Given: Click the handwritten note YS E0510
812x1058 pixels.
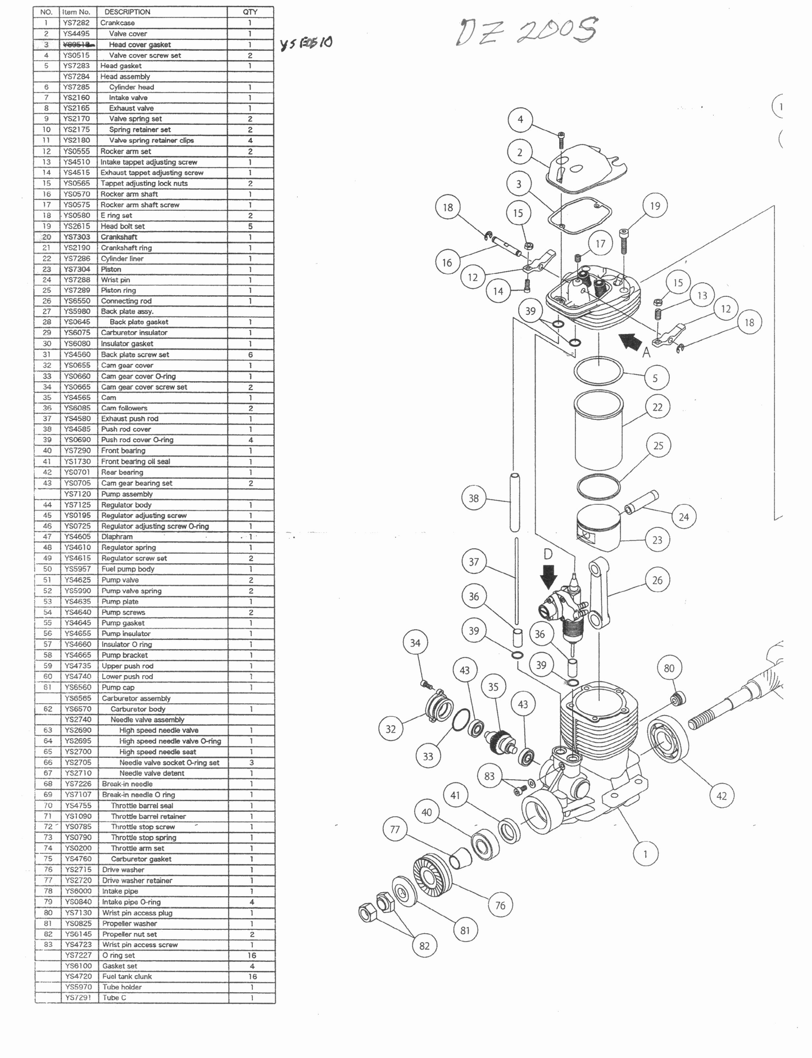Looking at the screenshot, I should click(306, 43).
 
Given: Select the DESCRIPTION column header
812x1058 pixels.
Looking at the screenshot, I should click(128, 12).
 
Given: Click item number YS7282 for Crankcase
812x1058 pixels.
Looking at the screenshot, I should click(76, 23).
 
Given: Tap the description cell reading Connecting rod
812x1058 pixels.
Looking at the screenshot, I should click(126, 301).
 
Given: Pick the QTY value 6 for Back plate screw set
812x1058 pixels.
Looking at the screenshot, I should click(250, 355).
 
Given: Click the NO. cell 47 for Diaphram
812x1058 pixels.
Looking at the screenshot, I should click(47, 537).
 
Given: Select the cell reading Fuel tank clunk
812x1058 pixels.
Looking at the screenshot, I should click(127, 976).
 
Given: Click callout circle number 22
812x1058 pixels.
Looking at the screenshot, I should click(657, 407).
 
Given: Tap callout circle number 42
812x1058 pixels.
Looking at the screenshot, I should click(722, 795).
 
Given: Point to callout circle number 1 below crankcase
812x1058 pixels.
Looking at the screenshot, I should click(645, 854).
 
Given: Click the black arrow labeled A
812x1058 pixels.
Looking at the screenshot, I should click(630, 341).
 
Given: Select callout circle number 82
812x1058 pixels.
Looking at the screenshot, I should click(424, 946).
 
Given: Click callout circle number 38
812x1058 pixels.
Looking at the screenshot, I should click(474, 498).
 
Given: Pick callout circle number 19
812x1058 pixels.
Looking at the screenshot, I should click(655, 206).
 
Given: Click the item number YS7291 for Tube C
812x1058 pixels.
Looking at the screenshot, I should click(77, 998).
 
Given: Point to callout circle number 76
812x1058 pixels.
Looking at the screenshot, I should click(500, 905).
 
